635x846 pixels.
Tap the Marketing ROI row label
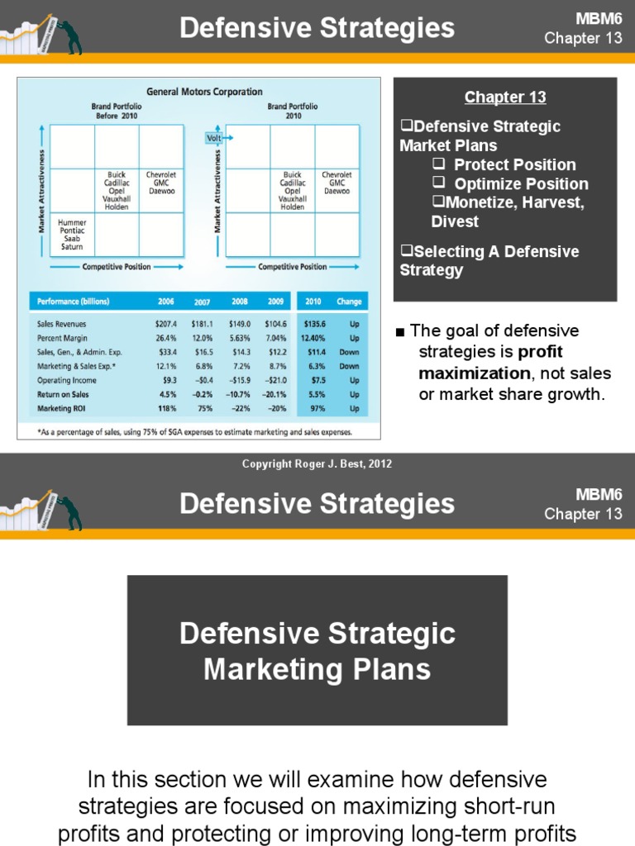[x=63, y=409]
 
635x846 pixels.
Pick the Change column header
[x=353, y=302]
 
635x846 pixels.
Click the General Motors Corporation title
[x=204, y=92]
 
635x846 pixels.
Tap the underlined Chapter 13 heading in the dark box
[x=505, y=97]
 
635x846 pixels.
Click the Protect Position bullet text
[x=514, y=164]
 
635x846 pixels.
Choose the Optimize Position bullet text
[x=521, y=183]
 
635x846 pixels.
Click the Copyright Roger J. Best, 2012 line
[x=317, y=464]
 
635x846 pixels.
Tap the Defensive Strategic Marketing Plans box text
[x=317, y=651]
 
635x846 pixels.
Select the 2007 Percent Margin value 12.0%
[x=201, y=338]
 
